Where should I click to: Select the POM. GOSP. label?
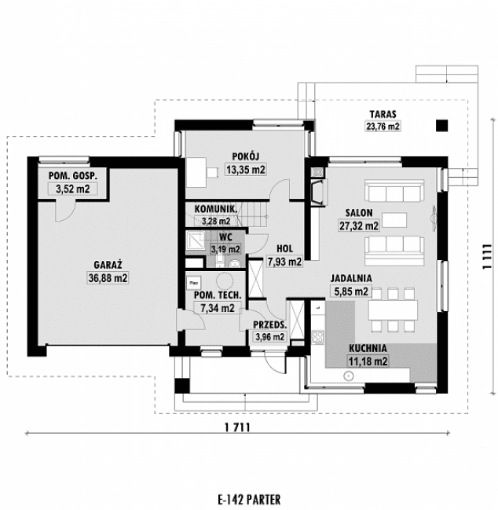[x=73, y=176]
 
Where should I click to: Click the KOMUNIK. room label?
[x=211, y=209]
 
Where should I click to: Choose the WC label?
[x=225, y=236]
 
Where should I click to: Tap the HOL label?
[x=284, y=248]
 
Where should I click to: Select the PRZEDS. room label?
[x=269, y=325]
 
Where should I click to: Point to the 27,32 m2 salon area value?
[x=357, y=226]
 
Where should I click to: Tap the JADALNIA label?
[x=350, y=278]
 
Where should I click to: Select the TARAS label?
[x=383, y=113]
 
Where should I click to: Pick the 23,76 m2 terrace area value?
[x=383, y=125]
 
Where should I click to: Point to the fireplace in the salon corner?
[x=317, y=191]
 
